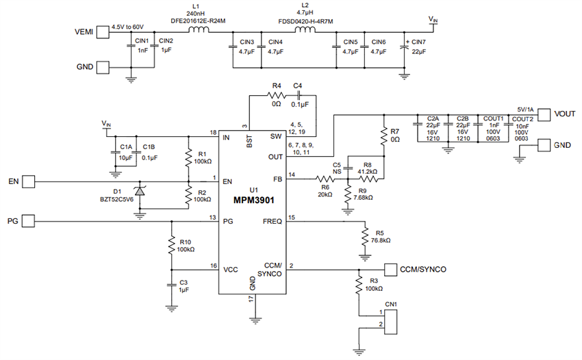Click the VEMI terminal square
click(103, 31)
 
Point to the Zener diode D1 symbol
click(140, 192)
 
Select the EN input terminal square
click(29, 181)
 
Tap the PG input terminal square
click(29, 221)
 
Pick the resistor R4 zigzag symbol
click(276, 96)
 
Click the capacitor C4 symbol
click(298, 96)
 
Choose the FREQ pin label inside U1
click(272, 221)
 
